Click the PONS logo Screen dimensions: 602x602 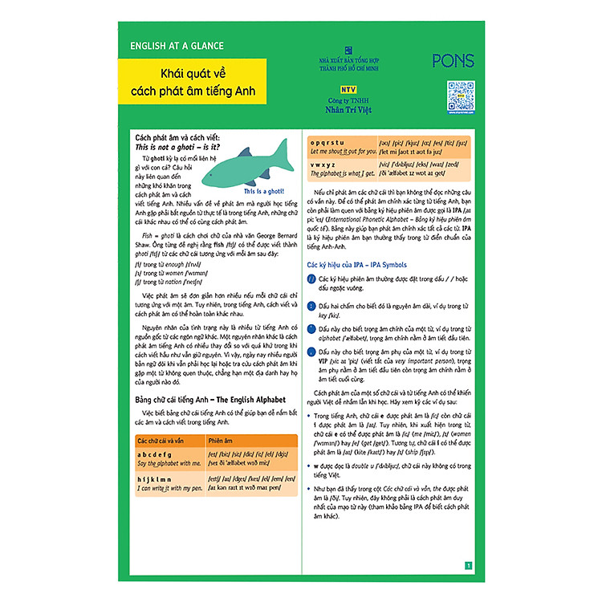pos(453,60)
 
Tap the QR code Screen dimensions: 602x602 pos(461,96)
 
